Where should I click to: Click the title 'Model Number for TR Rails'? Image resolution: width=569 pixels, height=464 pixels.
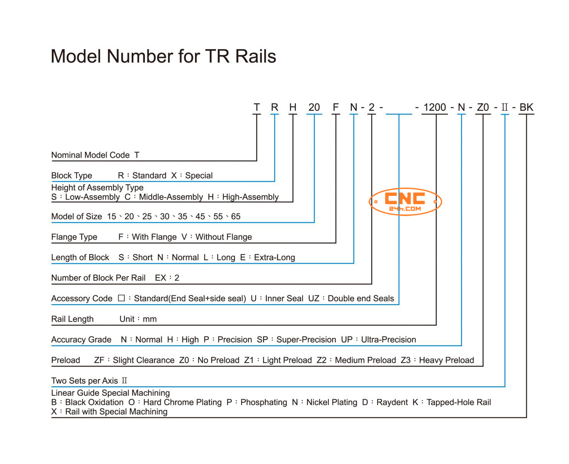pos(163,56)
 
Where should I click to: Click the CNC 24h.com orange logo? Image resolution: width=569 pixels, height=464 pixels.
pos(405,201)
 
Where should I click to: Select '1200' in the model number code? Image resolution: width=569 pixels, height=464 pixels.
pos(435,107)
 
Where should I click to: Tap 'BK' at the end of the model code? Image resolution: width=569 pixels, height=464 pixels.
pos(526,107)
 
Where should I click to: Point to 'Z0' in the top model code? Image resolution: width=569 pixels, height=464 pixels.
pos(483,107)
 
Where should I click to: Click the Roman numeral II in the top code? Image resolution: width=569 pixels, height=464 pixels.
pos(504,107)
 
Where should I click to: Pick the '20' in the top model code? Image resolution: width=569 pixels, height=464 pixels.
pos(314,107)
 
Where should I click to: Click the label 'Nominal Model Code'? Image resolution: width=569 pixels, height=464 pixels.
pos(90,155)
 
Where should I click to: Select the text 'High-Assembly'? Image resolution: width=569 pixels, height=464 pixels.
pos(250,197)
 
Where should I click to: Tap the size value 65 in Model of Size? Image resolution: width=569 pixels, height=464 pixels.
pos(236,217)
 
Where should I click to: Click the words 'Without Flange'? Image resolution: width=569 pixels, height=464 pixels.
pos(224,237)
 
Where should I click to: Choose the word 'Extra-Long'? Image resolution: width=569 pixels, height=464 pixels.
pos(274,257)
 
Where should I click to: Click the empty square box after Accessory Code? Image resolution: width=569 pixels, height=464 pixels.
pos(121,298)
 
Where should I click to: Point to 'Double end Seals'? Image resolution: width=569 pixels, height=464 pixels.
pos(361,299)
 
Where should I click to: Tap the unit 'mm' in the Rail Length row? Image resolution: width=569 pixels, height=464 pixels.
pos(149,319)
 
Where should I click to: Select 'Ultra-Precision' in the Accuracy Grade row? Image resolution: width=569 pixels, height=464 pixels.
pos(389,339)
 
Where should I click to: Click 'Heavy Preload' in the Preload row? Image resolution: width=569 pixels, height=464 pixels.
pos(447,360)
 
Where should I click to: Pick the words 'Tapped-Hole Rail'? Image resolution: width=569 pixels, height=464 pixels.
pos(459,402)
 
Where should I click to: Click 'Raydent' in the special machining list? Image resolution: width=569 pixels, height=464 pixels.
pos(392,402)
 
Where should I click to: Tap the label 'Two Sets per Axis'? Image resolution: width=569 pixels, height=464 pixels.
pos(85,381)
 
